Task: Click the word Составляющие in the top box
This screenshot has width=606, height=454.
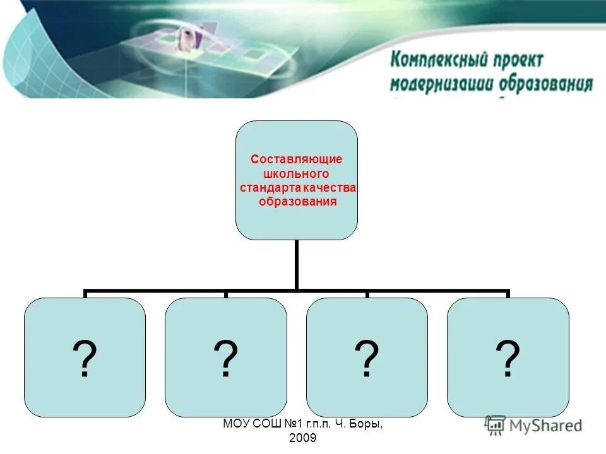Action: pos(296,160)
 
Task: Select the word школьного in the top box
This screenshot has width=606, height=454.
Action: pos(296,174)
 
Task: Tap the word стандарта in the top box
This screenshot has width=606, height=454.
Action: pos(270,188)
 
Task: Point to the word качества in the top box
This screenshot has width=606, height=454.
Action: pos(328,188)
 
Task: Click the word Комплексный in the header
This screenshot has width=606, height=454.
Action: pos(440,61)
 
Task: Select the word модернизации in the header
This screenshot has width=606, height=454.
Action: pos(442,84)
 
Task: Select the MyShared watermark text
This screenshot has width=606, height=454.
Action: pos(546,426)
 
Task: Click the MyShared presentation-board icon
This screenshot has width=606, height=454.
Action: pos(496,425)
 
